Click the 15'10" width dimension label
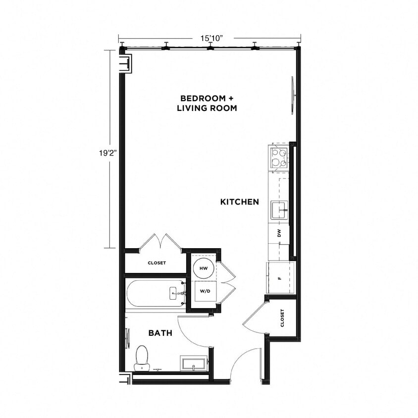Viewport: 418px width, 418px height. (209, 37)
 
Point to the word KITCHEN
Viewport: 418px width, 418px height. (240, 202)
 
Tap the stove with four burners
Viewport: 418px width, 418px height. (278, 157)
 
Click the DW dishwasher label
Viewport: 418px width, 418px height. (279, 233)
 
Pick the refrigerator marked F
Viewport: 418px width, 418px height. (280, 277)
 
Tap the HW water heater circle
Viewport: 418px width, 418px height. (203, 268)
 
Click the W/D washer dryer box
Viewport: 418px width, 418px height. (204, 291)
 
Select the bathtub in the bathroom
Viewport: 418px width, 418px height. (155, 294)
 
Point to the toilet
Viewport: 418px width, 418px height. (142, 358)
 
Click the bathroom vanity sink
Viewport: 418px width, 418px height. (193, 364)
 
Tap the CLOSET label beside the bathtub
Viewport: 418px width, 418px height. (157, 263)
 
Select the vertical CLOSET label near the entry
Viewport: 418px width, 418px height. (282, 318)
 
